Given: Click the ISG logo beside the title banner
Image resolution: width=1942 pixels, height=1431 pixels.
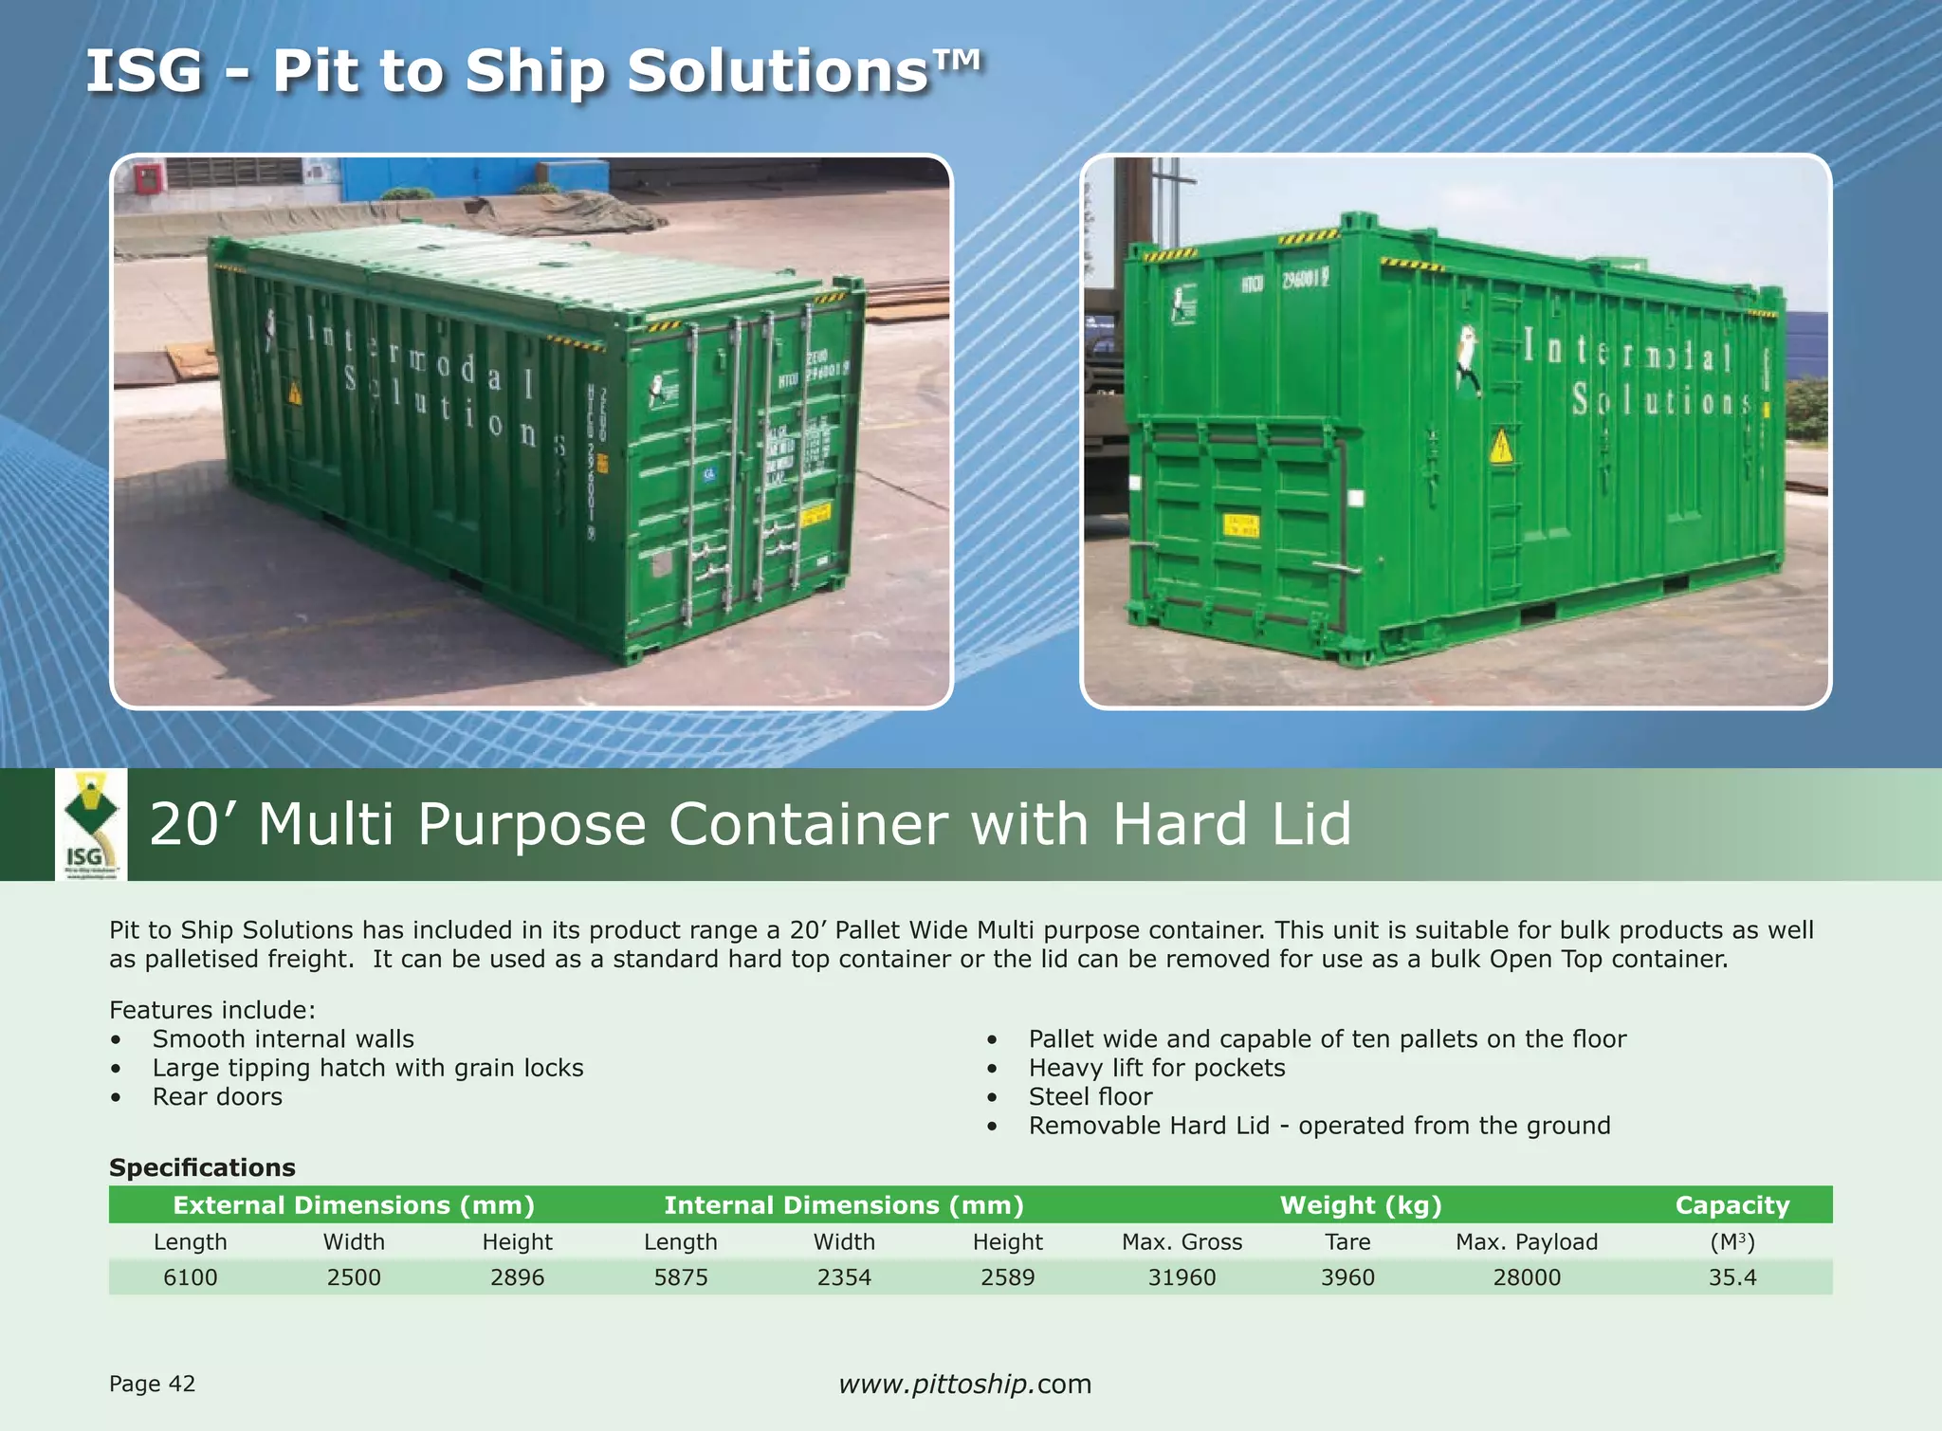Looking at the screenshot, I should [90, 824].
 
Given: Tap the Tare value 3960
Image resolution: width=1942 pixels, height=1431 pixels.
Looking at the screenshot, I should [1347, 1277].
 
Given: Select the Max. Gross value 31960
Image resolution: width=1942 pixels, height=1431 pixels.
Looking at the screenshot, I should [1182, 1277].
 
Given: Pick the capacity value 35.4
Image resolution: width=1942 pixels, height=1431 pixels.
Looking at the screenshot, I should [1732, 1277].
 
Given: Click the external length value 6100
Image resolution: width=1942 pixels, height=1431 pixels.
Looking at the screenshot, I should [191, 1277].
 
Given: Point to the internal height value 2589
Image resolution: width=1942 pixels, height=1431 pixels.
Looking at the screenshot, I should [1008, 1277].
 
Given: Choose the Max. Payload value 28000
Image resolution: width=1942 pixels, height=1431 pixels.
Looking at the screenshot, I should [1527, 1277].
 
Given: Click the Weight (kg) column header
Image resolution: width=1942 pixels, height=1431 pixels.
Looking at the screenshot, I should [1361, 1205].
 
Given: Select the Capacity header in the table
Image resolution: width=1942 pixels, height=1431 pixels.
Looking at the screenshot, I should [1732, 1205].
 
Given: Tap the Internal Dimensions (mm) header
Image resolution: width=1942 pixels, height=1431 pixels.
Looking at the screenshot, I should [844, 1205].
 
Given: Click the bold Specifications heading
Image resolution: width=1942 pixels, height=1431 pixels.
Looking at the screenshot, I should [202, 1167].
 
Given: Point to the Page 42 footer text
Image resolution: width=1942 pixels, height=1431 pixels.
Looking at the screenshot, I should [152, 1384].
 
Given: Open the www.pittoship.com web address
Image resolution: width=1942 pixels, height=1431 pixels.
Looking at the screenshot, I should [965, 1384].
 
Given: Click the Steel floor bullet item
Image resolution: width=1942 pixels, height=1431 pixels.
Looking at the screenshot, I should [1090, 1097].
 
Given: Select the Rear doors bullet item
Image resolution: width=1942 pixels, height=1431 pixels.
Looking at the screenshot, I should [217, 1097].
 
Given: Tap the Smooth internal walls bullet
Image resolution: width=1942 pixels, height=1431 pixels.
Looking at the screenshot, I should [283, 1039].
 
